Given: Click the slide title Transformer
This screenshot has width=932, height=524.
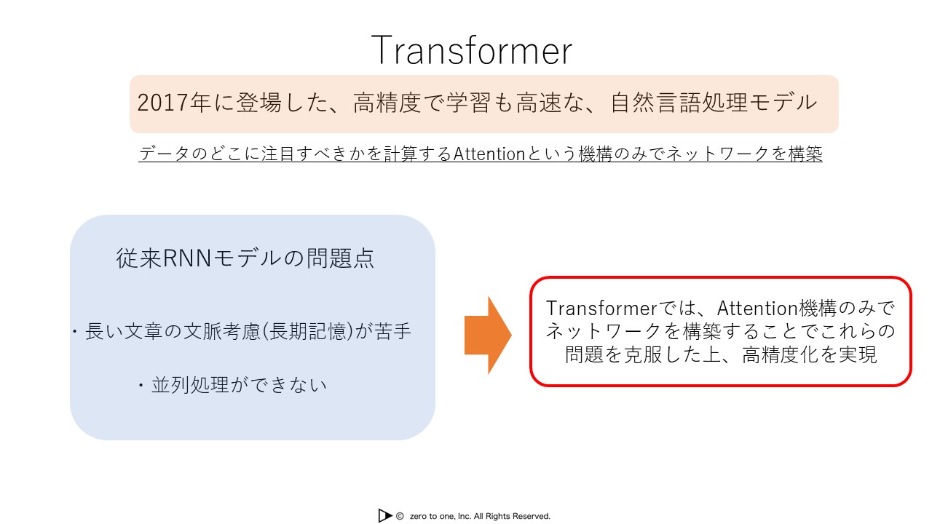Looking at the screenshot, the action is pos(471,51).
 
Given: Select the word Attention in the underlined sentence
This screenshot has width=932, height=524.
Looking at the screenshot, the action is pos(489,154).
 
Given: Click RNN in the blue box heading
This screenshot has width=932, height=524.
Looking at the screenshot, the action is pos(187,258).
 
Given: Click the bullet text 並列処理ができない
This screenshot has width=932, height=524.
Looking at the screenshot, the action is pos(239,385).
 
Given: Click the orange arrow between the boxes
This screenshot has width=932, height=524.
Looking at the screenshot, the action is pos(488,336).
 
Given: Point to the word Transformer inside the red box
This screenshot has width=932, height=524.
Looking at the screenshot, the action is pos(601,309).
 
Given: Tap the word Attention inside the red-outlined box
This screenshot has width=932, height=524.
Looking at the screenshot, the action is pos(757,309).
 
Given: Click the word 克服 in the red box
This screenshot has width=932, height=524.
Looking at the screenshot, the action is pos(642,354).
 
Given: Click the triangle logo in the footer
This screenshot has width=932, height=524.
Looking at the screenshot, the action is pos(385,516).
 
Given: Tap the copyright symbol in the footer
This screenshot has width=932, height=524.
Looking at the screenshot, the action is pos(400,516).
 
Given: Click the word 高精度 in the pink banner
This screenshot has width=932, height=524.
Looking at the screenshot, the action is pos(387,103).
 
